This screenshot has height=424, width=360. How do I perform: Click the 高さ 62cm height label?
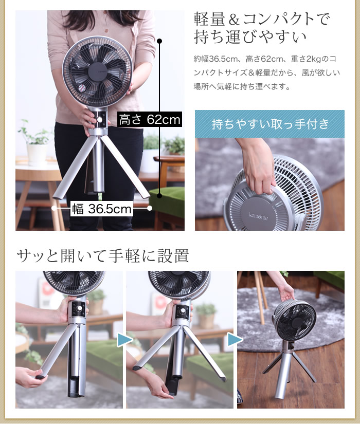point(150,119)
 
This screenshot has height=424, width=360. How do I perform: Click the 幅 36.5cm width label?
point(101,209)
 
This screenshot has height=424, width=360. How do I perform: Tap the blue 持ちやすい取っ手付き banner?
point(269,124)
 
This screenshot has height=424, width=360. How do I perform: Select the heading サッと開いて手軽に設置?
point(102,255)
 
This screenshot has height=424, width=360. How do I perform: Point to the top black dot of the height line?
point(159,41)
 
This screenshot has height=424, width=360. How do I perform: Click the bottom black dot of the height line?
point(159,195)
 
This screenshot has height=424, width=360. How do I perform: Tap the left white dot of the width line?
point(54,208)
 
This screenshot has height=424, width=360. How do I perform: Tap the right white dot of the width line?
point(150,208)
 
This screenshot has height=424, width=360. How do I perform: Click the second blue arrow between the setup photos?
point(235,340)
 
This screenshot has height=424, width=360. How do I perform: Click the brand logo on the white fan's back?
point(258,216)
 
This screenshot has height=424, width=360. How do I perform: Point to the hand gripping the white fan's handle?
point(258,170)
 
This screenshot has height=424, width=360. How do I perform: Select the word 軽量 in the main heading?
point(209,19)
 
